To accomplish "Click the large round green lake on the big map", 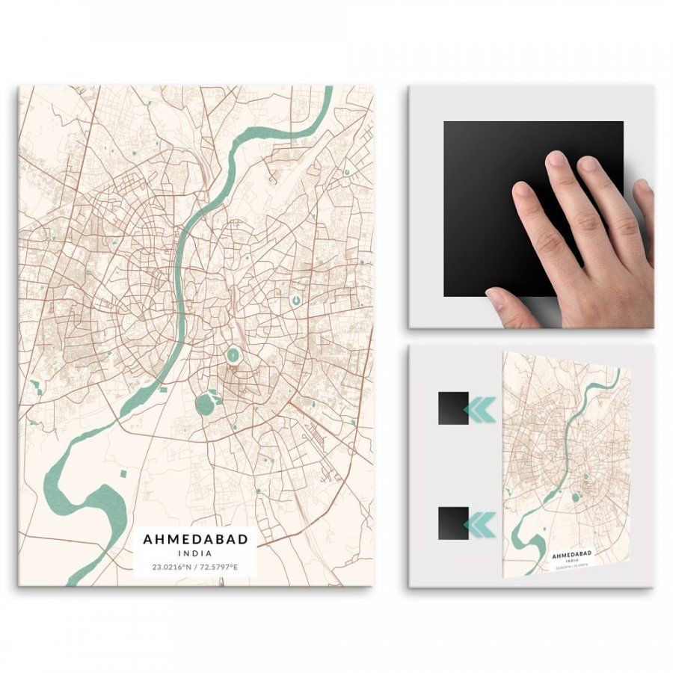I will point(205,405).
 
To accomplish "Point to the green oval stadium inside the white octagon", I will point(233,355).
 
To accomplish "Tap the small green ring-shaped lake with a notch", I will point(296,301).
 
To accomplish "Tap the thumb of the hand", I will point(508,303).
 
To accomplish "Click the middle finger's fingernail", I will point(556,159).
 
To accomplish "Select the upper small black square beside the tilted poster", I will point(453,408).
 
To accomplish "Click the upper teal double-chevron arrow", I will point(479,409).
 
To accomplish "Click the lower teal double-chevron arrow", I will point(479,524).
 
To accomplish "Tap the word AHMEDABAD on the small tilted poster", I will point(571,554).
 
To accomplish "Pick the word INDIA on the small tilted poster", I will point(572,560).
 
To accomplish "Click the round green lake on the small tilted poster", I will point(576,497).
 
